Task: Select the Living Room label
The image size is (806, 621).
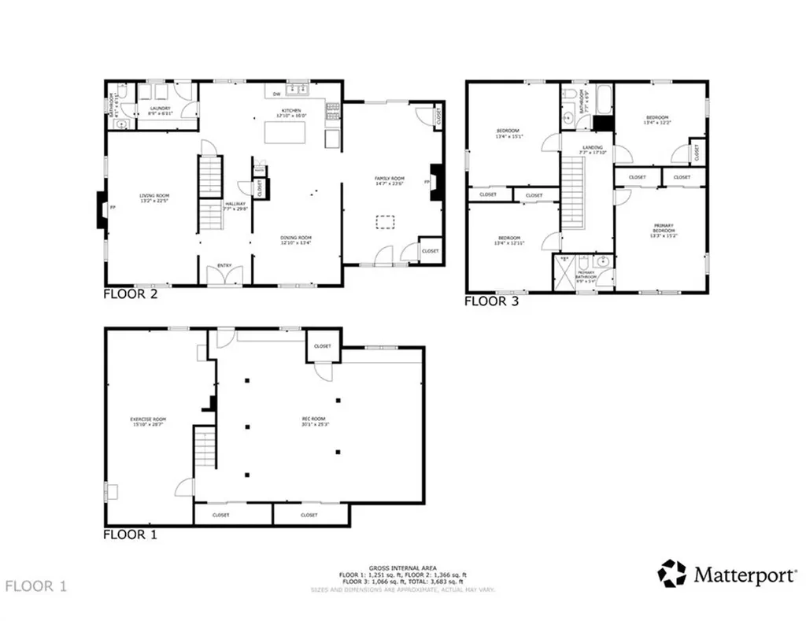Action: point(155,198)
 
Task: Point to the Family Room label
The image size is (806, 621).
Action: point(388,181)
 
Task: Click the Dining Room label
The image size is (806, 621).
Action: point(296,240)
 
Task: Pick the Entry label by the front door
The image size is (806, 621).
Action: point(224,265)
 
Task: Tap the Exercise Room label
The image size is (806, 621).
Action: point(148,421)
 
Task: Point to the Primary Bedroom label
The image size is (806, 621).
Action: point(662,228)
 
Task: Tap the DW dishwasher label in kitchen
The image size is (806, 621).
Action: point(276,94)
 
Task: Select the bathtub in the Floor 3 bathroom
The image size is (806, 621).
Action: point(604,98)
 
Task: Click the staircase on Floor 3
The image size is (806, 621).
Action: point(572,192)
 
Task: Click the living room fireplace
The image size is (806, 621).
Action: point(102,209)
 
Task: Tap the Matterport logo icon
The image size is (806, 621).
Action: point(671,574)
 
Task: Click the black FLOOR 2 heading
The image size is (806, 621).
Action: point(131,294)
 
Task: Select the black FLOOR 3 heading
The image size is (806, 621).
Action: point(491,300)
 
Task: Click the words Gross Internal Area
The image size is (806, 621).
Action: point(402,568)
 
